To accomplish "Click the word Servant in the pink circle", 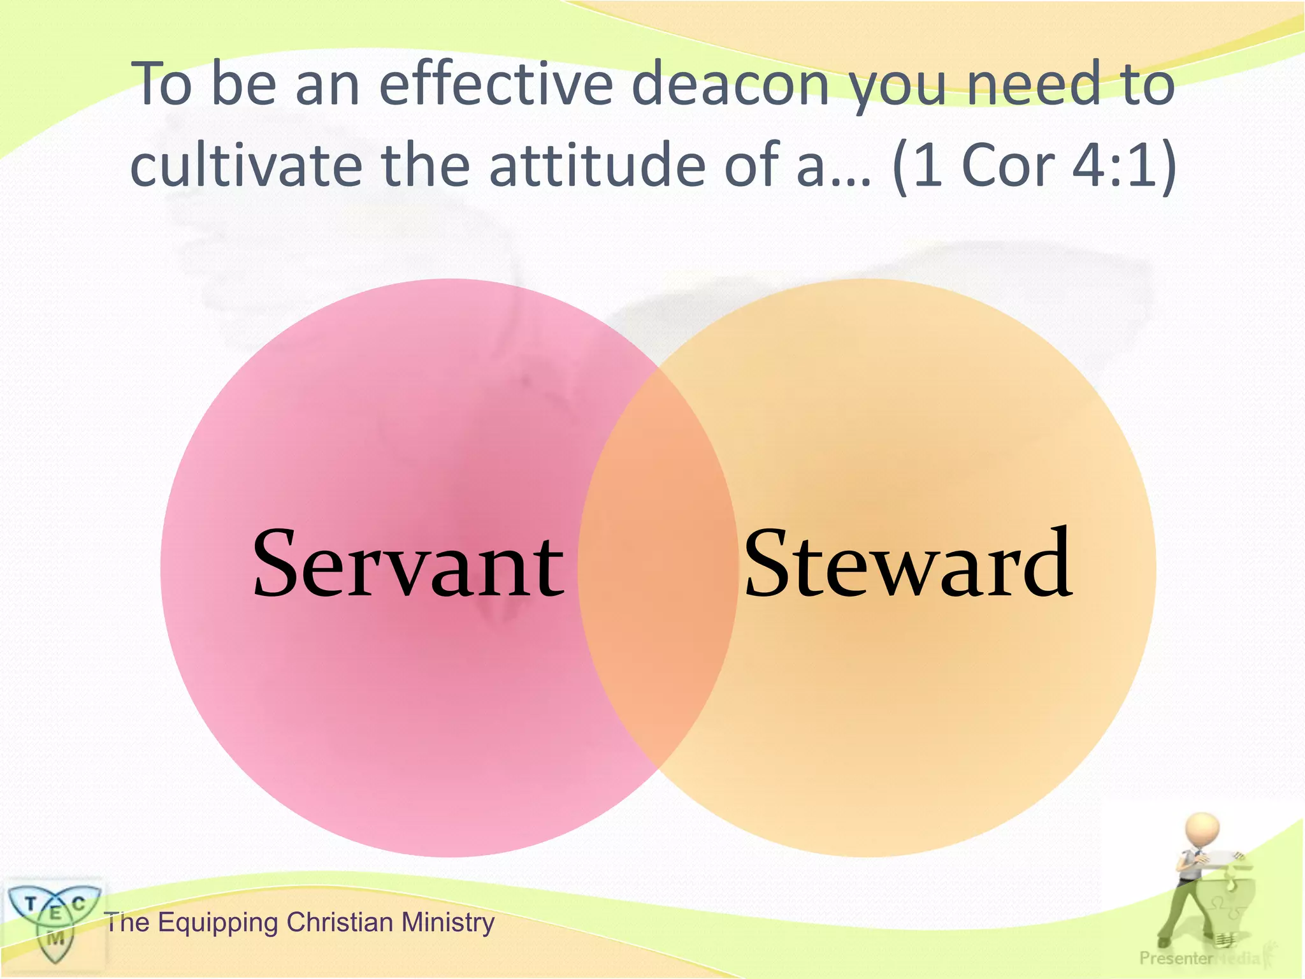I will coord(408,564).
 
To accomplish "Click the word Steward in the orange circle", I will coord(907,564).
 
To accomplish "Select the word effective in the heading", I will coord(496,85).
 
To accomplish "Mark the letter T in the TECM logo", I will coord(30,903).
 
